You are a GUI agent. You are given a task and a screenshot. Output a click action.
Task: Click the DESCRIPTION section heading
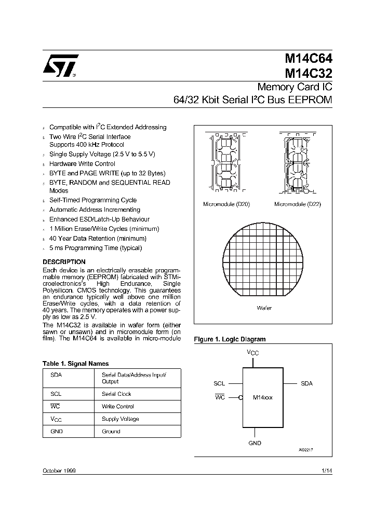pos(64,262)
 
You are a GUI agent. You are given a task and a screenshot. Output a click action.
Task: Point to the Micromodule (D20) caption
pos(226,204)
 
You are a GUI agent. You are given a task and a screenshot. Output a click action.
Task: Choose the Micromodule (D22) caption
pos(298,204)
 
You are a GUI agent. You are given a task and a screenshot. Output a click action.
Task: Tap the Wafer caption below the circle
pos(264,308)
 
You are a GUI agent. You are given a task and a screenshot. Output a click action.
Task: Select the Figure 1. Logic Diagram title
pos(230,339)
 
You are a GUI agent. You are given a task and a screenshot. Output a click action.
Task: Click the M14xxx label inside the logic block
pos(262,397)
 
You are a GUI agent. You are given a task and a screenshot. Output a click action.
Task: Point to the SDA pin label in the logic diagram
pos(306,383)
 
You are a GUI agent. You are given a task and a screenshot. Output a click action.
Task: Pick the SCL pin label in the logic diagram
pos(219,383)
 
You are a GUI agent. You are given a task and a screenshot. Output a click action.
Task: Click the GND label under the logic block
pos(255,443)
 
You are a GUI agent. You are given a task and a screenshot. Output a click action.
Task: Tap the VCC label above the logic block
pos(253,353)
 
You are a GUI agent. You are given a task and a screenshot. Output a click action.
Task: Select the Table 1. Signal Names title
pos(75,364)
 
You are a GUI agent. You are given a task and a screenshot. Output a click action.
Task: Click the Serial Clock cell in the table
pos(117,394)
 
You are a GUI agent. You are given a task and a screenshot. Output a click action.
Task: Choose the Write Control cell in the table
pos(117,406)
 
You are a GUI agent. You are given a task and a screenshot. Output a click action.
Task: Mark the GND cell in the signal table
pos(57,432)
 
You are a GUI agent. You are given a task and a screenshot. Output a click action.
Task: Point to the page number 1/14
pos(327,470)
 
